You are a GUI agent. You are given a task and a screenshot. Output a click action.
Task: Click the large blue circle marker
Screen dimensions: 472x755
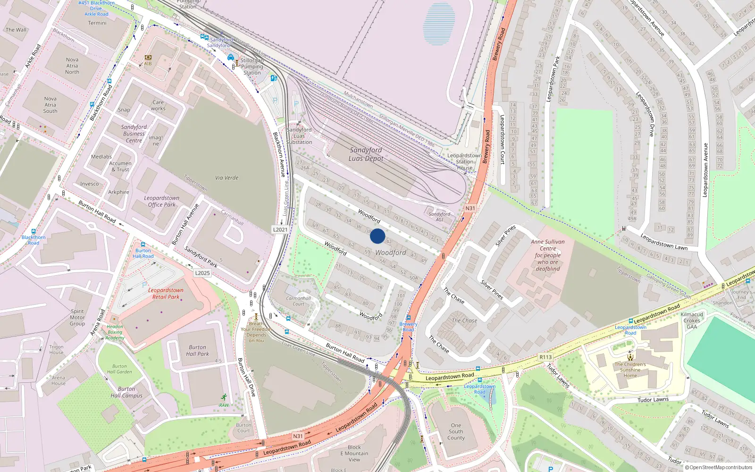point(377,236)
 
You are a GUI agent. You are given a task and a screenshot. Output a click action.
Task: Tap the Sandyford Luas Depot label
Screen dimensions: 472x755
point(366,154)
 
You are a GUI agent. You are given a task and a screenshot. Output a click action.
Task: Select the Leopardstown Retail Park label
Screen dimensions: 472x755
point(166,294)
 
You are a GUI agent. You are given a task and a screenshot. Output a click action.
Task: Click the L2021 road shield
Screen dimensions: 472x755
point(280,229)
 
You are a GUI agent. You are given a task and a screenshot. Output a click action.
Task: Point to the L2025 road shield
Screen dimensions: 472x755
point(202,273)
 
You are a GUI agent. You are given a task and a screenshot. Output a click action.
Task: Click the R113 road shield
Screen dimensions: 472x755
point(545,357)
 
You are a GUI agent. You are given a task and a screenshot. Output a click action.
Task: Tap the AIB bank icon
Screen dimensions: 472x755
point(148,58)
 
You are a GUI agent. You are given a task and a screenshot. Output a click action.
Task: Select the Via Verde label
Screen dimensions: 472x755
point(226,178)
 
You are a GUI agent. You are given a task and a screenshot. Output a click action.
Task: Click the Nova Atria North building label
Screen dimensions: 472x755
point(72,66)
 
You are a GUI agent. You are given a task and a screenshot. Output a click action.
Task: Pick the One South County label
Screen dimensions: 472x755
point(456,431)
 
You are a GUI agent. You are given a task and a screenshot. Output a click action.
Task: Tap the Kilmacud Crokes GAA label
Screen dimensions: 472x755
point(692,320)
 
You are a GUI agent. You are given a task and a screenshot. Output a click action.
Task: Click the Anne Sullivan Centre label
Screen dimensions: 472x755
point(547,255)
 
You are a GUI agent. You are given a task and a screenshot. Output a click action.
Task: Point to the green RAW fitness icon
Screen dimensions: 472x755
point(224,397)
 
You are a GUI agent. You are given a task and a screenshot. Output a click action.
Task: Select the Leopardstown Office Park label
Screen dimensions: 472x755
point(161,202)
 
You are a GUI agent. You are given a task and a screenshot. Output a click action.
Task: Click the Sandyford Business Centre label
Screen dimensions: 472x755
point(134,134)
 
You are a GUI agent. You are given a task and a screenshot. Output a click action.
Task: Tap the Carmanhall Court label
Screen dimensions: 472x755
point(298,301)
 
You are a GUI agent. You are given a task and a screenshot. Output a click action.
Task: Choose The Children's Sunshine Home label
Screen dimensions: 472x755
point(630,370)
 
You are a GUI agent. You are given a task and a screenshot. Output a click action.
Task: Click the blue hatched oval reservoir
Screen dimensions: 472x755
point(439,24)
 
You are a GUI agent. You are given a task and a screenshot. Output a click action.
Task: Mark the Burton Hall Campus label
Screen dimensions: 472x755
point(126,392)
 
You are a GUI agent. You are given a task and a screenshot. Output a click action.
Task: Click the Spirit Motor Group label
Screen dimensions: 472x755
point(77,317)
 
